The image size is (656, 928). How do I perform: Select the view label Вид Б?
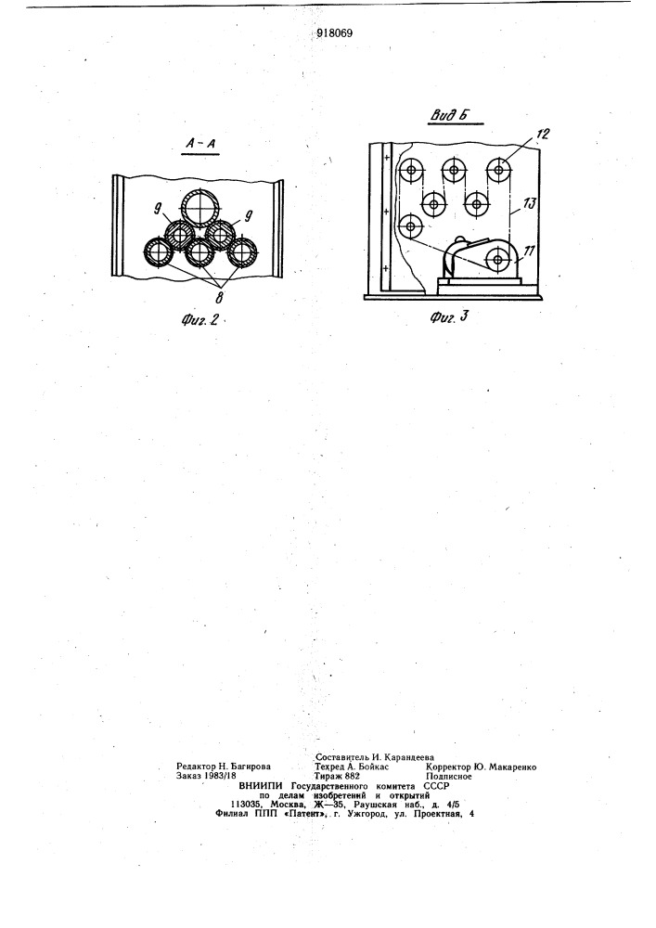point(449,115)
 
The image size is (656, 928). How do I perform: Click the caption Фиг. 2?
point(199,319)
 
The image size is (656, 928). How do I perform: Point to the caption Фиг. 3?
point(448,316)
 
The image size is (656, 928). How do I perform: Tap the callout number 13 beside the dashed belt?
point(529,204)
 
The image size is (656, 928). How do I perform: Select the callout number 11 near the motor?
point(530,251)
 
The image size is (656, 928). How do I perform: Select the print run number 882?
point(352,776)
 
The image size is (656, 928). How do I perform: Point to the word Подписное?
point(448,776)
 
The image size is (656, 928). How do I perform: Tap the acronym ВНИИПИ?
point(259,786)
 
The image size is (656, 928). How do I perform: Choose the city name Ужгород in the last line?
point(371,814)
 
